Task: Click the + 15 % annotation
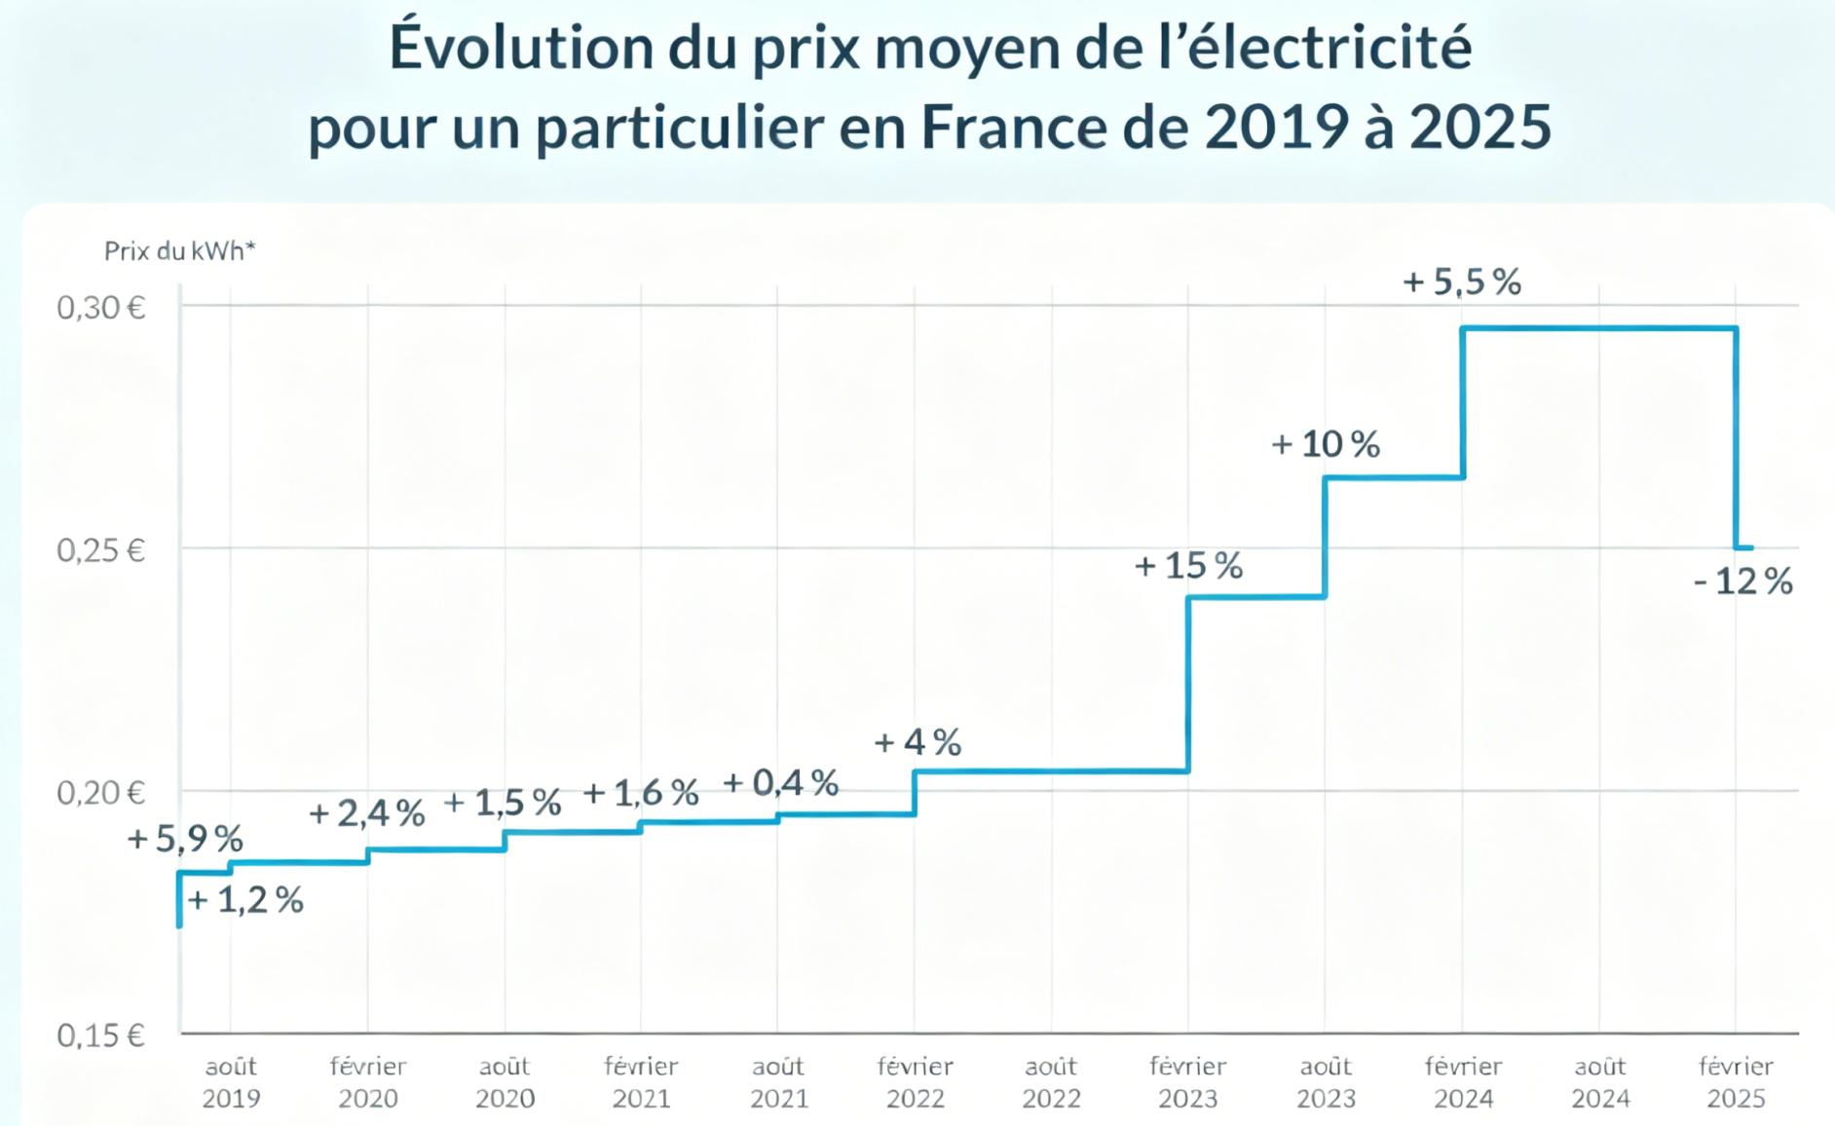1188,565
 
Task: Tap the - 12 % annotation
1742,582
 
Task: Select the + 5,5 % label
1461,281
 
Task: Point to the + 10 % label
1326,444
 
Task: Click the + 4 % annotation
917,742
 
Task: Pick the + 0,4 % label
780,782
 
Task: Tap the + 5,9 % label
185,838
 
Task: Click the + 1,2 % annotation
245,899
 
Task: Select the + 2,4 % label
366,812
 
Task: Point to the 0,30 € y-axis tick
100,308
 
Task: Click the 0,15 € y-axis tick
100,1034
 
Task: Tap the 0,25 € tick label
100,550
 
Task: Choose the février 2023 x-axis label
1187,1081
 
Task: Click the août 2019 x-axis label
231,1081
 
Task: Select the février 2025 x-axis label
1736,1081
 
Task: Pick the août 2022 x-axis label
1051,1081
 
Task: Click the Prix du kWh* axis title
179,251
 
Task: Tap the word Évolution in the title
521,47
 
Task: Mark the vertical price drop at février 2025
1736,438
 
